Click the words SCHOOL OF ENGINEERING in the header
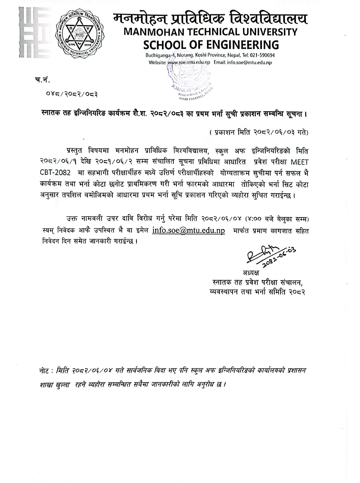click(x=211, y=45)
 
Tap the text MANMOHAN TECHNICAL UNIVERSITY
click(x=210, y=32)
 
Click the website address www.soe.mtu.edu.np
click(x=189, y=62)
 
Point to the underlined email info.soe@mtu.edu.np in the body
click(x=189, y=230)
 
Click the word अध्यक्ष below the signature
click(x=251, y=273)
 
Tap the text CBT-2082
click(x=55, y=173)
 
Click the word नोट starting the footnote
click(x=45, y=371)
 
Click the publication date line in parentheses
click(x=259, y=133)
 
